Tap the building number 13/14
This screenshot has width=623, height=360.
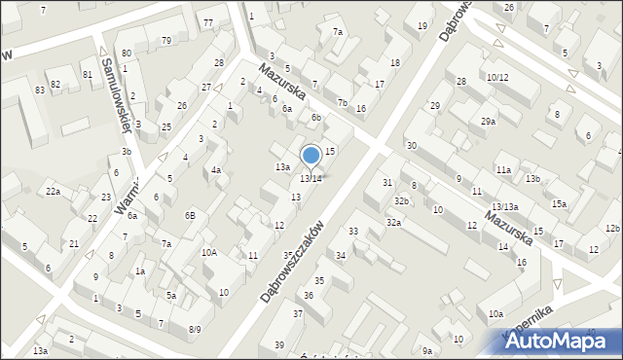(311, 179)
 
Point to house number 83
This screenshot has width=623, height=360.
(40, 90)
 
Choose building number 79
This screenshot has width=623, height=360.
(166, 40)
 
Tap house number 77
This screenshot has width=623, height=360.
(208, 21)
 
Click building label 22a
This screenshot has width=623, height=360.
(52, 192)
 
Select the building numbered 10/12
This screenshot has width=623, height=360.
(497, 77)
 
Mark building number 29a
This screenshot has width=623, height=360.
(488, 122)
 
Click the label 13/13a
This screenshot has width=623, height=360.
(504, 207)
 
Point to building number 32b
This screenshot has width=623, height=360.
(401, 200)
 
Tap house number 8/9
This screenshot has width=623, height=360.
(195, 330)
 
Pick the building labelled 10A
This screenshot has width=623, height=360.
(209, 252)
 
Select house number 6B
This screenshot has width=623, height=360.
(191, 215)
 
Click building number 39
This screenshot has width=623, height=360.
(279, 345)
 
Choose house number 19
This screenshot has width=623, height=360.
(421, 25)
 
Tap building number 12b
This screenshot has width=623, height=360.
(611, 229)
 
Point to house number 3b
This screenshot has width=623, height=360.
(126, 152)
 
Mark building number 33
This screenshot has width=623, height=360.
(353, 232)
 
